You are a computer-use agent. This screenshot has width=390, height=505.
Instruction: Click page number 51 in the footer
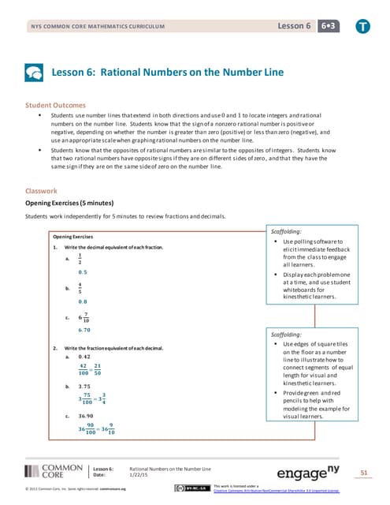click(x=364, y=473)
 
